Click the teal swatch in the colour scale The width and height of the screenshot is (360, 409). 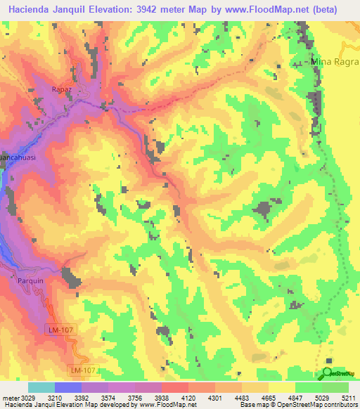tap(41, 387)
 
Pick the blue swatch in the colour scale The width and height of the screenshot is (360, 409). tap(68, 387)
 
